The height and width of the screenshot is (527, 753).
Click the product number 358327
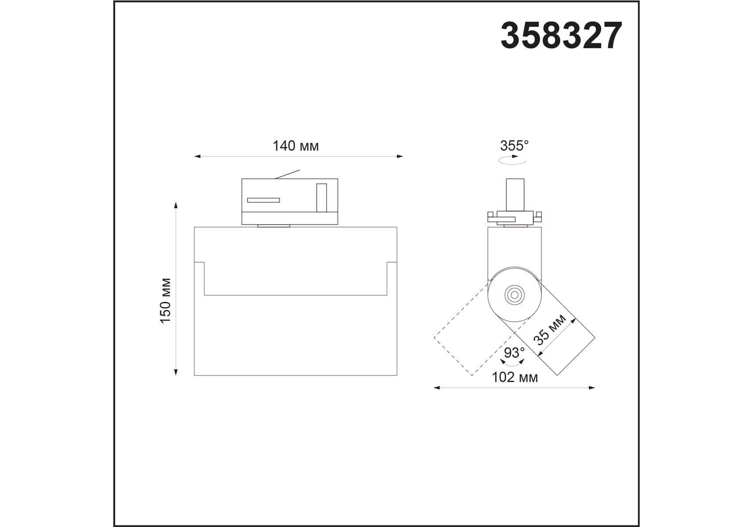coord(561,36)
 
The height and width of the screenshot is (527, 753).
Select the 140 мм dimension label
coord(295,146)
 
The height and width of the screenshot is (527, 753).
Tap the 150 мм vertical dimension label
coord(165,301)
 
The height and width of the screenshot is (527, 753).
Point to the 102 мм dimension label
coord(514,377)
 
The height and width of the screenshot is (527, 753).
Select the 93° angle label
coord(514,353)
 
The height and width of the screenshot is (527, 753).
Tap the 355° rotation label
coord(514,145)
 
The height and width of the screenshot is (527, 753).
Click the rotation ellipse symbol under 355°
coord(512,161)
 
